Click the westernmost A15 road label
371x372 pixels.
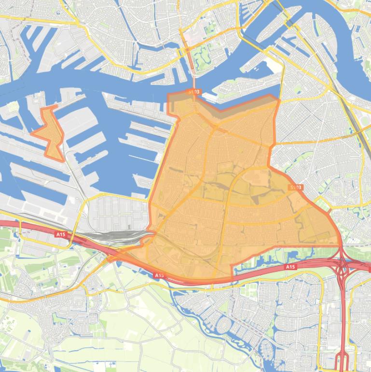[x=60, y=234]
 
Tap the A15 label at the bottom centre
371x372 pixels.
[x=159, y=275]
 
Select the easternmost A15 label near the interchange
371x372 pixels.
[x=290, y=267]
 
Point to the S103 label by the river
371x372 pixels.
[x=193, y=91]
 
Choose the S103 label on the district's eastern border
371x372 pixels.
[x=295, y=187]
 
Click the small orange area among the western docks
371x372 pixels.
[x=51, y=133]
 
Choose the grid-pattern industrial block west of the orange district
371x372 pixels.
[x=121, y=213]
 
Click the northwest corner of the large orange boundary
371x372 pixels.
[x=168, y=94]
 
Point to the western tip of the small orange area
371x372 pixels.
[x=32, y=132]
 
